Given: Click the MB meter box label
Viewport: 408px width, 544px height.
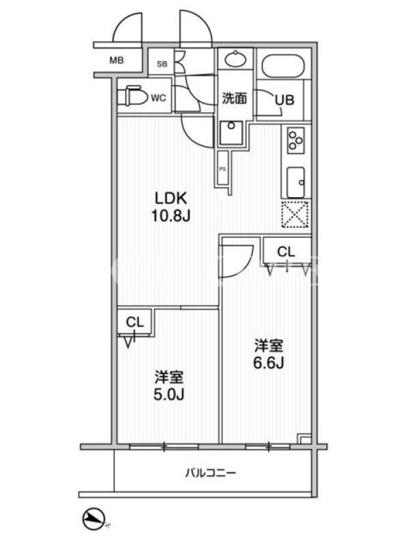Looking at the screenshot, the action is click(116, 61).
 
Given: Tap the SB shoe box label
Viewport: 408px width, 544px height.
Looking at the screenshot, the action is click(162, 64).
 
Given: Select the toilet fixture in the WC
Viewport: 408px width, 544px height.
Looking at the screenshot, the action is click(133, 95).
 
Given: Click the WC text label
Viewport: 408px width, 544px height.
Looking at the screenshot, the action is click(158, 98).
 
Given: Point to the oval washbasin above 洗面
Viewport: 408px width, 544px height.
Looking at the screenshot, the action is click(235, 58).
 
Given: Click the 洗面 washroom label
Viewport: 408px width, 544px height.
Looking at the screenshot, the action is click(235, 99).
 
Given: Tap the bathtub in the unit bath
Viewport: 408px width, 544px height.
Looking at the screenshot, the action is click(283, 65).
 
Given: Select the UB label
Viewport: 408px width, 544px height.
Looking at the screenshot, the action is click(284, 100).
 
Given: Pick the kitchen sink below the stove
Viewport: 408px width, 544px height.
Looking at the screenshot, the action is click(296, 182).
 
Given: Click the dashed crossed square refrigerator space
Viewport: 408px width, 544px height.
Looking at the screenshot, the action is click(295, 214).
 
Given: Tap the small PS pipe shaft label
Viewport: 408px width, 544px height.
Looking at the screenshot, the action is click(222, 169).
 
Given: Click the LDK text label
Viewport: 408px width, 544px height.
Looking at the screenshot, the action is click(171, 199).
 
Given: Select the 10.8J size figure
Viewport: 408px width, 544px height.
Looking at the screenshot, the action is click(171, 216).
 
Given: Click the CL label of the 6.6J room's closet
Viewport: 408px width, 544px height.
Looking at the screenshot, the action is click(286, 252).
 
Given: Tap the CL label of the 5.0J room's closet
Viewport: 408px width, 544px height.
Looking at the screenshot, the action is click(135, 322).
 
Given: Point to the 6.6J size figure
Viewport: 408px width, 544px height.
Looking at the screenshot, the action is click(269, 363).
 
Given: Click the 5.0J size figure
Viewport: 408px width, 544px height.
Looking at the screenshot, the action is click(169, 394).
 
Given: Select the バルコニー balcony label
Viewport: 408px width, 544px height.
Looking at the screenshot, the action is click(211, 473).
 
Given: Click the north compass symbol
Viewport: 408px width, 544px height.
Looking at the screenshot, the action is click(94, 519).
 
